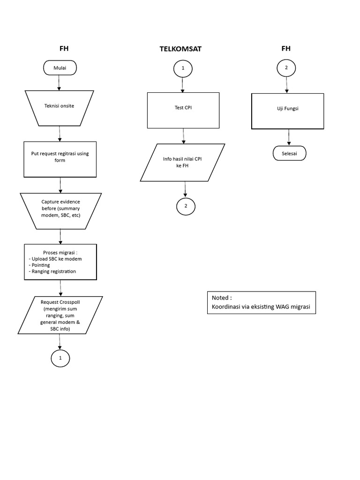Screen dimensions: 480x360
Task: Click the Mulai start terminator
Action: click(60, 68)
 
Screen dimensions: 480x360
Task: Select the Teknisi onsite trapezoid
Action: click(59, 106)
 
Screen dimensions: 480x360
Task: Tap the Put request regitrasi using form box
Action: click(60, 159)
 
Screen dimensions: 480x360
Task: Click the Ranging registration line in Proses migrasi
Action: click(53, 271)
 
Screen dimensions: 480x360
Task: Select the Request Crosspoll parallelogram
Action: click(60, 315)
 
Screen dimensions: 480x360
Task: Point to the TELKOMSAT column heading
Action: click(180, 49)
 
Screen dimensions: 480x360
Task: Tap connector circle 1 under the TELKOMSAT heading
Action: click(183, 68)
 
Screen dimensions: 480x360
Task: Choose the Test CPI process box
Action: click(183, 110)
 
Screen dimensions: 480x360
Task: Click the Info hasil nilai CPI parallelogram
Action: click(182, 162)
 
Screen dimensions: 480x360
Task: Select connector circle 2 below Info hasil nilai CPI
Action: click(186, 206)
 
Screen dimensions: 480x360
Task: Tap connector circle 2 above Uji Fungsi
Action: click(286, 68)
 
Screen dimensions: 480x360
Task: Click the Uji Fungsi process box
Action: click(287, 111)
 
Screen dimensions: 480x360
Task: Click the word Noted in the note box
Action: click(222, 298)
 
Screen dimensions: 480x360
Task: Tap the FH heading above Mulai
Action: click(63, 48)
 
